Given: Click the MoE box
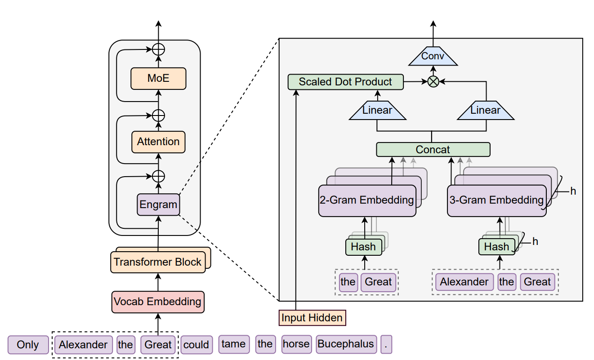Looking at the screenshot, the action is coord(158,79).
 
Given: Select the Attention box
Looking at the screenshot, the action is coord(158,142).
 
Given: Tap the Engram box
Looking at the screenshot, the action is coord(158,204).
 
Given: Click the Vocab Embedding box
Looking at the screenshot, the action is coord(158,302).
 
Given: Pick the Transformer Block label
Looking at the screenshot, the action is coord(157,262).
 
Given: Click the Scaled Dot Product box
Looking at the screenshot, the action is coord(345,82).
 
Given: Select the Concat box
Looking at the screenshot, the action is coord(433,150).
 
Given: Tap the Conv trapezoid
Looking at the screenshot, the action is coord(433,56).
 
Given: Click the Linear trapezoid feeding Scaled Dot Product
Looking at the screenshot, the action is coord(377,110).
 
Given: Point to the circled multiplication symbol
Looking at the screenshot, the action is coord(433,82).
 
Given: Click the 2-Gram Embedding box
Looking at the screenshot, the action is coord(367,201).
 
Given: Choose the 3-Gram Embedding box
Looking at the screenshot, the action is coord(496,201).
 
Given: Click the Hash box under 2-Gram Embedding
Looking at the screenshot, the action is coord(364,247).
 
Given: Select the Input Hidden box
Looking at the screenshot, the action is coord(312,318).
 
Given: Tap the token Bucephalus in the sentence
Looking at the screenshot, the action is coord(346,344).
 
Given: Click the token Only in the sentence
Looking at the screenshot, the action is coord(28,345).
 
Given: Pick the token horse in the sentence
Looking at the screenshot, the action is coord(296,344).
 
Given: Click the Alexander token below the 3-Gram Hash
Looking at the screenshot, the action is coord(464,282).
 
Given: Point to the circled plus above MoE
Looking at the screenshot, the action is coord(158,49).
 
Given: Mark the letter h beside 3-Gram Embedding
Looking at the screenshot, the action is coord(573,191).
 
